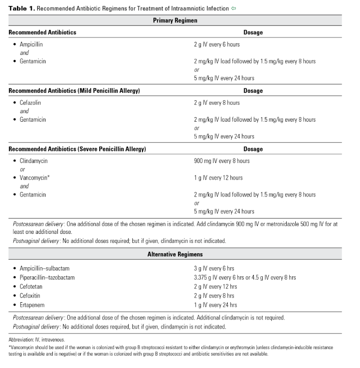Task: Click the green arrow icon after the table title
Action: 234,8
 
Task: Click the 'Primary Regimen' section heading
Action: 175,20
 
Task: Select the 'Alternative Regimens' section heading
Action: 175,254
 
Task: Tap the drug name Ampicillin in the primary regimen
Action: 31,44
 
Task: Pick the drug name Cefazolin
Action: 30,103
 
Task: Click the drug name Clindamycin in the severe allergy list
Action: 33,161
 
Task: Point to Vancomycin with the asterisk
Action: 35,178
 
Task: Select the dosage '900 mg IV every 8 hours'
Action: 221,161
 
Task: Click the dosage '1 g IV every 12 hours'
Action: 218,178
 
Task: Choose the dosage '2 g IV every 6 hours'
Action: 216,44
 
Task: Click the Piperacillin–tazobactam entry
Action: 47,277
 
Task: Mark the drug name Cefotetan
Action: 31,287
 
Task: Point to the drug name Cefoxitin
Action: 30,296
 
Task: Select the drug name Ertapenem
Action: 32,305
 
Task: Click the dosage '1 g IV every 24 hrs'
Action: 215,305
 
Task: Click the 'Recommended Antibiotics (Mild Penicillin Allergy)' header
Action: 74,91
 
